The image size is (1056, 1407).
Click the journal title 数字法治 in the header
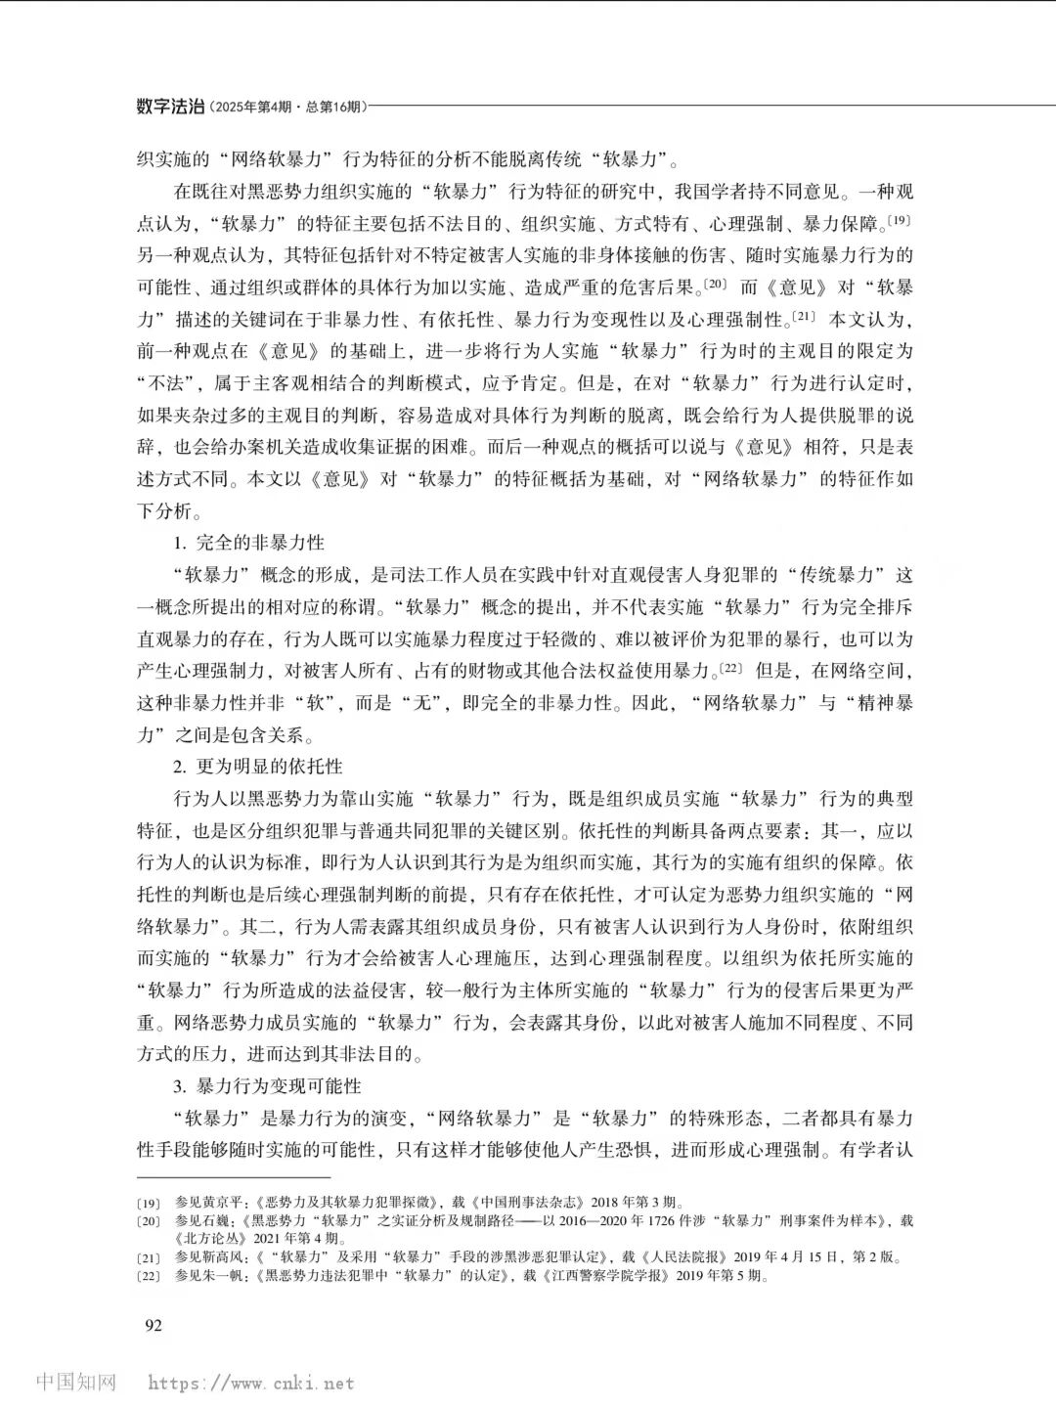(171, 107)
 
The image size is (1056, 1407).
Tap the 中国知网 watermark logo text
(76, 1383)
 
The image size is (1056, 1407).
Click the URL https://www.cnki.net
(251, 1384)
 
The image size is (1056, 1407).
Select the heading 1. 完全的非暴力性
(249, 542)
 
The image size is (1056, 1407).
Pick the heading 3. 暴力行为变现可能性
(267, 1085)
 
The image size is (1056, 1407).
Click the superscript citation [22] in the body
(731, 667)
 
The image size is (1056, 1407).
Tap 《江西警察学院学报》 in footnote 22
(595, 1276)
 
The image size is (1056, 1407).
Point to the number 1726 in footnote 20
(628, 1221)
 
